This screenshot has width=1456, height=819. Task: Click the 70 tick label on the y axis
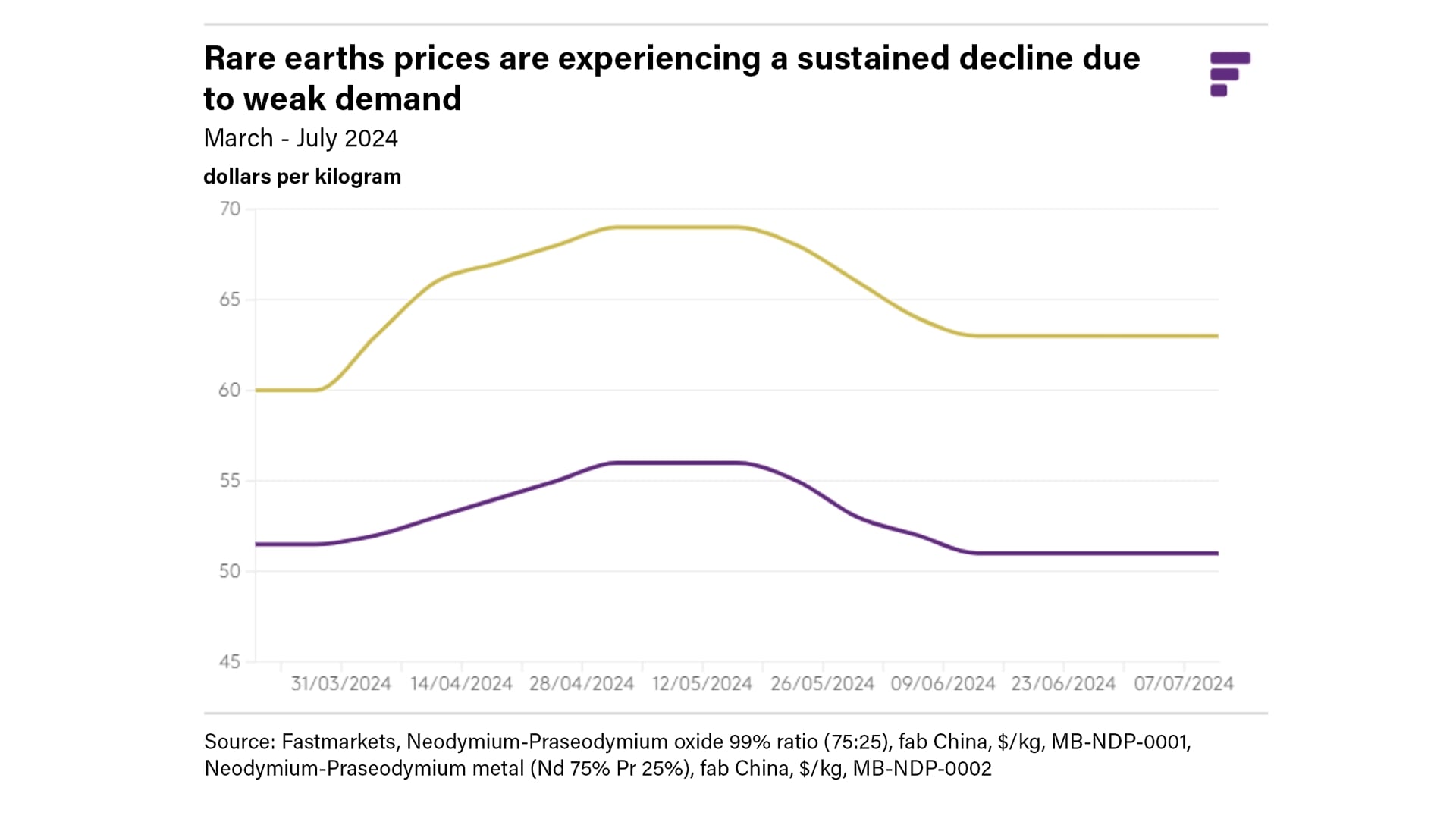tap(230, 209)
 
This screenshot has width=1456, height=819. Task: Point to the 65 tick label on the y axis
tap(230, 300)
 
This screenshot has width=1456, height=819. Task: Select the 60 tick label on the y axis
tap(230, 391)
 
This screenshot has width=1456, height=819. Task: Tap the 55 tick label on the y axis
tap(230, 481)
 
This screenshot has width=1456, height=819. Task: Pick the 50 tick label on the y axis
tap(230, 571)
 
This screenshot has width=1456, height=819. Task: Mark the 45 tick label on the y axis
tap(230, 662)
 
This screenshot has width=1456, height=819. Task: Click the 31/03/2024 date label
tap(341, 684)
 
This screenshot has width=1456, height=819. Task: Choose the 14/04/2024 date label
tap(461, 684)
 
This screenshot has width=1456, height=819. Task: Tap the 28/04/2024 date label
tap(582, 684)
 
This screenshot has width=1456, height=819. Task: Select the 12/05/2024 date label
tap(702, 684)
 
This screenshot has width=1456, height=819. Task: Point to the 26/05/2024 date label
tap(823, 684)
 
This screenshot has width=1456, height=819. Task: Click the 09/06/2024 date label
tap(943, 684)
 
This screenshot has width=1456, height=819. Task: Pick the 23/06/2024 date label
tap(1063, 684)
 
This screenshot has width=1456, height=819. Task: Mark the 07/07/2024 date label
tap(1184, 684)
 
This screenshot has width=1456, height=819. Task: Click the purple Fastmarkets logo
tap(1229, 74)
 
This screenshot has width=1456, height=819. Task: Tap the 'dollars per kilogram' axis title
tap(302, 177)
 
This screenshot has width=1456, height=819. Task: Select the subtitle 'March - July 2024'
tap(300, 139)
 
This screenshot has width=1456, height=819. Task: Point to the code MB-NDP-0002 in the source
tap(922, 769)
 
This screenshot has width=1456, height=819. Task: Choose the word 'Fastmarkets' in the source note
tap(338, 742)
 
